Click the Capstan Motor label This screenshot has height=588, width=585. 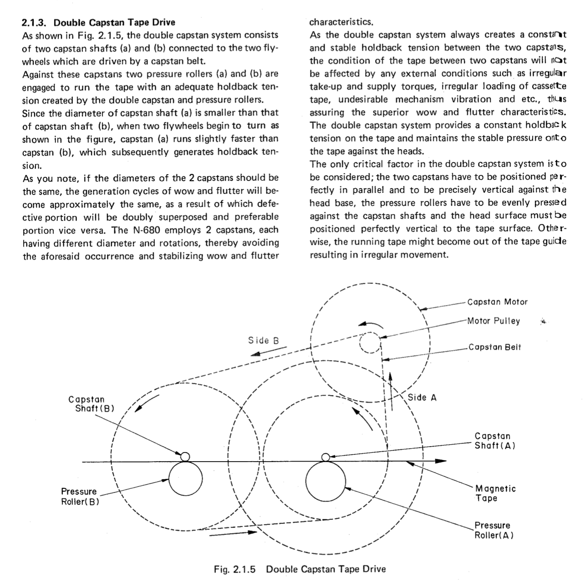[x=497, y=302]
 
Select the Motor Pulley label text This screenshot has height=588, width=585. [x=493, y=321]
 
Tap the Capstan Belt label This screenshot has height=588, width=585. [x=494, y=347]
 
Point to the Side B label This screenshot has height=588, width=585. [x=264, y=341]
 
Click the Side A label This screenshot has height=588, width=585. [x=422, y=397]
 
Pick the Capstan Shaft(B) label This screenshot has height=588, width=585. [x=91, y=404]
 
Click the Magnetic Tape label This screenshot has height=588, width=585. [x=495, y=493]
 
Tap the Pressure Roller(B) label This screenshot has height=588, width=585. [x=80, y=497]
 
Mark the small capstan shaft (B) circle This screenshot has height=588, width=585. [x=185, y=457]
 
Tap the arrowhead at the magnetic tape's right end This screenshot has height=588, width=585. [x=441, y=461]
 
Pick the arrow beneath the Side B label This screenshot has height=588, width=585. [x=268, y=353]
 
